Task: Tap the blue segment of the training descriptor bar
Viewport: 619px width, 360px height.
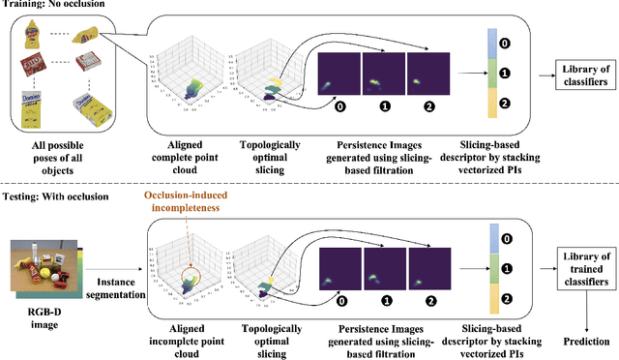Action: coord(490,41)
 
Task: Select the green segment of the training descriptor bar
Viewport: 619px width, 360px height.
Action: coord(490,74)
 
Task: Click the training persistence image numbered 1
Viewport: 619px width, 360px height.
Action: coord(384,75)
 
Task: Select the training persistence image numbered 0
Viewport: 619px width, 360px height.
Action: coord(339,75)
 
